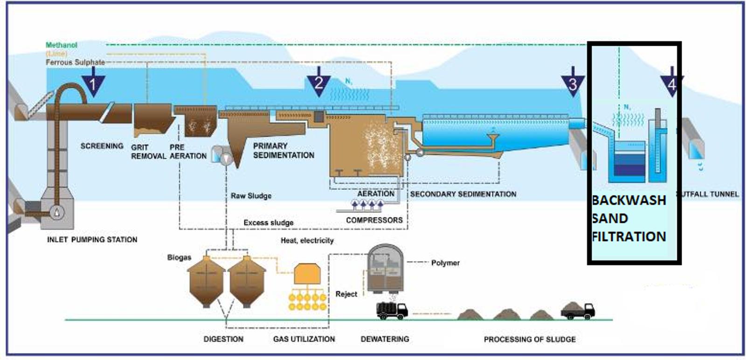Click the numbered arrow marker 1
93,83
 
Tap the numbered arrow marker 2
318,83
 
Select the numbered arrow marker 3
573,83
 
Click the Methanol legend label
61,45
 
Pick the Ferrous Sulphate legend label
75,62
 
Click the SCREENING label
102,146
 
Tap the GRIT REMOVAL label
148,152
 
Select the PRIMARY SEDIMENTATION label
283,151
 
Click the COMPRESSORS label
374,220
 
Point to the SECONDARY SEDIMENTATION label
463,194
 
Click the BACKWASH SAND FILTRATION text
629,218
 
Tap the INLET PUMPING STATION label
92,240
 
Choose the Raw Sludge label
251,196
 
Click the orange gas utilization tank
307,274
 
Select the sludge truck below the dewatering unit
392,310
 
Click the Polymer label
445,263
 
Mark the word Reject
346,294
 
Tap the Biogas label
179,257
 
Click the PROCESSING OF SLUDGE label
529,339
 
